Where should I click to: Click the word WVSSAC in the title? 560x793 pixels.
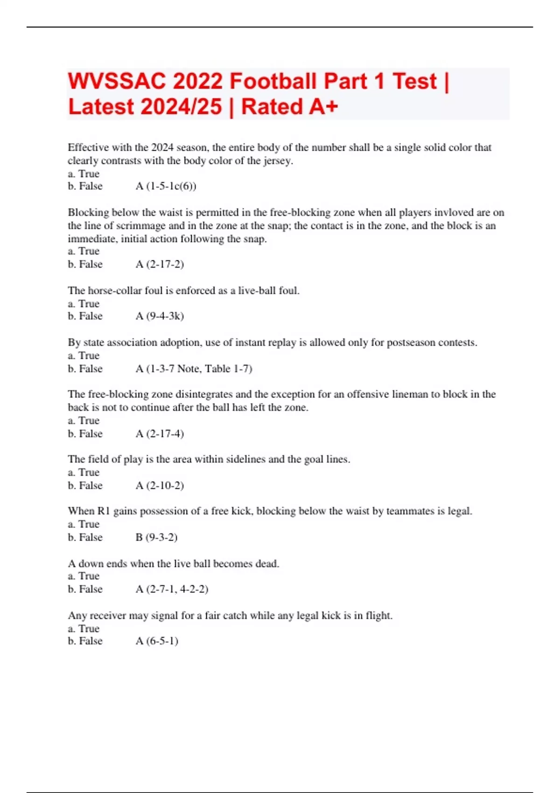point(117,82)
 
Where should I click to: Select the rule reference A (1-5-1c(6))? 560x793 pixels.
point(166,187)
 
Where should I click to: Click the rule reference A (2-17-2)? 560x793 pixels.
point(160,264)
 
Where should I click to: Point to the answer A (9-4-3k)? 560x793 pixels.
point(160,316)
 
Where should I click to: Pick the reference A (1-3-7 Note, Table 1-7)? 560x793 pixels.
point(194,369)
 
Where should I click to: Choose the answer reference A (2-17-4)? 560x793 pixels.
point(160,434)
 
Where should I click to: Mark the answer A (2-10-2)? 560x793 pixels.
point(160,486)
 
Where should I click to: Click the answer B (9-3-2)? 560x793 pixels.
point(156,537)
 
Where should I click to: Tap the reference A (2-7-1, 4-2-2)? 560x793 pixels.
point(172,589)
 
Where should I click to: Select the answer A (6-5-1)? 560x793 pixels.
point(157,641)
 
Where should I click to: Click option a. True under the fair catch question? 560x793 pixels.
point(84,628)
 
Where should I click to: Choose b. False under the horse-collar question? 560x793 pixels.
point(85,316)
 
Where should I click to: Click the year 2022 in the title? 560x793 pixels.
point(198,82)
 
